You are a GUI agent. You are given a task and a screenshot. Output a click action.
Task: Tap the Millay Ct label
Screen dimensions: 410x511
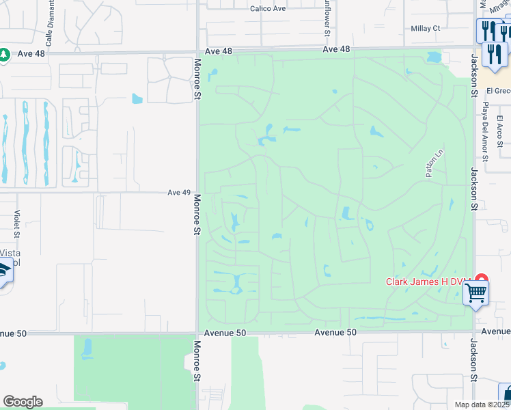click(426, 29)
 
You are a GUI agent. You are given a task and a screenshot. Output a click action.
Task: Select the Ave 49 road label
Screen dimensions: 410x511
click(178, 193)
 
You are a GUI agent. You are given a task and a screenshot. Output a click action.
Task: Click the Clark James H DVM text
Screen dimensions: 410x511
click(428, 282)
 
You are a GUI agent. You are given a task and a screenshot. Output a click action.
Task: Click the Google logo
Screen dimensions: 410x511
click(23, 402)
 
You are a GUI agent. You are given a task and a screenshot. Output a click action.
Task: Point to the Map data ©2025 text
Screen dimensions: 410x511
click(482, 405)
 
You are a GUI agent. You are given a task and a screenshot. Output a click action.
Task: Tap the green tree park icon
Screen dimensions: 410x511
click(3, 54)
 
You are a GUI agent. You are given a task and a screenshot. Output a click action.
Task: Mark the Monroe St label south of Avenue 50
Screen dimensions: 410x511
click(197, 361)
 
